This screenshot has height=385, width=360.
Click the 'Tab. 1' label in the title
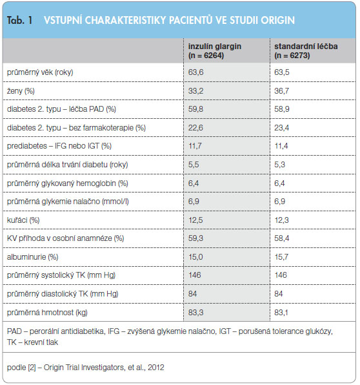[19, 20]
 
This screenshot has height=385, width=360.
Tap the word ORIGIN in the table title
[277, 21]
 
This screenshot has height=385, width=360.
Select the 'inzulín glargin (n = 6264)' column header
[215, 51]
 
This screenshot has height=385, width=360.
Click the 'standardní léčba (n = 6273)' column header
[306, 51]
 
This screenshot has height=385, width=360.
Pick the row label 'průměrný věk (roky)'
[40, 72]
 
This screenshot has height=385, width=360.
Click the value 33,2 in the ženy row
[195, 91]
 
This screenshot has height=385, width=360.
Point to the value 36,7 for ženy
[281, 91]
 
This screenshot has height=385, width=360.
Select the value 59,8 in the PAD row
[195, 109]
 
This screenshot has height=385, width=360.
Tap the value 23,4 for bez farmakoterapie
[281, 128]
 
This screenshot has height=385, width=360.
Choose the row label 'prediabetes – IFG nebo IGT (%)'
[59, 146]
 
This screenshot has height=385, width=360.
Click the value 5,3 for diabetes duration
[279, 165]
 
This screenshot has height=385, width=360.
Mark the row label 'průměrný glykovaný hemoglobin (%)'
[68, 183]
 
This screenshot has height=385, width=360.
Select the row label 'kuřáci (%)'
[23, 220]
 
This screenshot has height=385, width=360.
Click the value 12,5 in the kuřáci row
[195, 220]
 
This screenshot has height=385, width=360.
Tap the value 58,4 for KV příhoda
[281, 238]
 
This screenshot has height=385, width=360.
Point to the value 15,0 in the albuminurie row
[195, 257]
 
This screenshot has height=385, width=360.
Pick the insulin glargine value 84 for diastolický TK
[192, 294]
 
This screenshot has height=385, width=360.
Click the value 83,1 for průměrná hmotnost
[281, 313]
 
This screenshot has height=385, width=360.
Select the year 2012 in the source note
[156, 368]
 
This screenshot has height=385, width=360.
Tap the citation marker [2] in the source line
[32, 368]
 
